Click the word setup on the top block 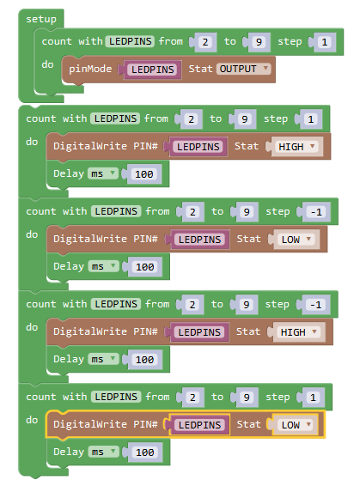click(41, 20)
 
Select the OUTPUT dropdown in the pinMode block click(244, 69)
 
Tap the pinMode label click(90, 69)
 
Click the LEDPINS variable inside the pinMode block click(153, 70)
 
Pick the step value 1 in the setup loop click(325, 42)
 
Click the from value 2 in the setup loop click(205, 42)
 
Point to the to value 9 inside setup click(259, 42)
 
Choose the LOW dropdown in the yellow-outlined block click(296, 425)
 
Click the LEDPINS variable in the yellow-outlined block click(199, 425)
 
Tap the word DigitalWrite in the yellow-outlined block click(90, 424)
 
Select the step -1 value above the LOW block click(316, 212)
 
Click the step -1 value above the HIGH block click(316, 305)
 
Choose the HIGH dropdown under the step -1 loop click(300, 332)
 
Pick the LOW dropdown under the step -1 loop click(296, 240)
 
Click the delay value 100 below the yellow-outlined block click(145, 453)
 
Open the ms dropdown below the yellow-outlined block click(103, 452)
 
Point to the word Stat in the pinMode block click(200, 69)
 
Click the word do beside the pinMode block click(47, 64)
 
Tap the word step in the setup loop click(290, 41)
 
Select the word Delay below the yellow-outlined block click(69, 452)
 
